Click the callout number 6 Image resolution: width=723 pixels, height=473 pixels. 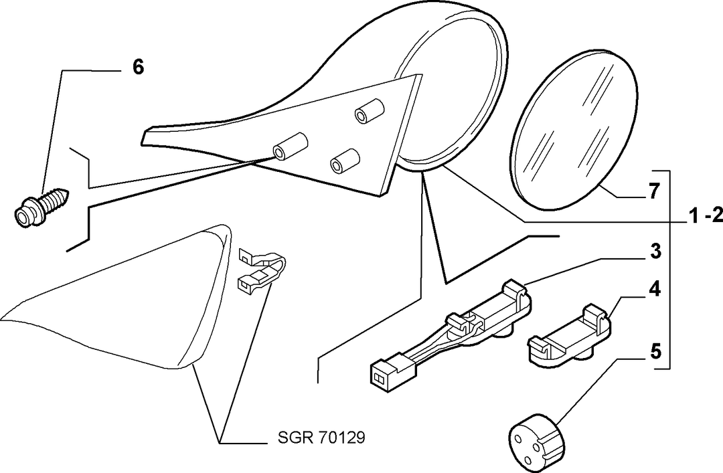point(138,68)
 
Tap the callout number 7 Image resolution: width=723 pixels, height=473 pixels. point(654,191)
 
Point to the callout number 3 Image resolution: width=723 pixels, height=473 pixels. point(655,252)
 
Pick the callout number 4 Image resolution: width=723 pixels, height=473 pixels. point(655,289)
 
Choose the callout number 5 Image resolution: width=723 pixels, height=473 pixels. point(655,352)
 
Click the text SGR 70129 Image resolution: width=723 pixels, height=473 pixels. point(321,437)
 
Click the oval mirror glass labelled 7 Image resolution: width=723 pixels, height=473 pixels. point(574,129)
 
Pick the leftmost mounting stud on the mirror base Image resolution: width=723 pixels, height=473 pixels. point(290,146)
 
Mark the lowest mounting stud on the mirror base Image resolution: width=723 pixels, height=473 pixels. point(345,161)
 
